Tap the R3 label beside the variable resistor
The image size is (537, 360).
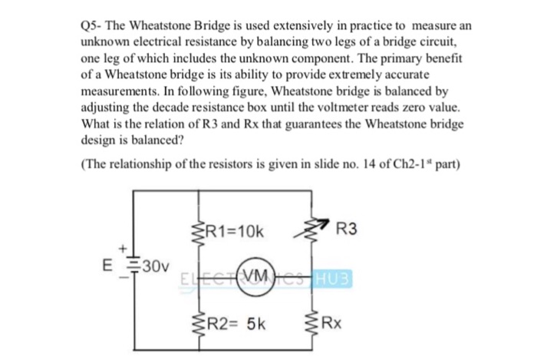(x=347, y=228)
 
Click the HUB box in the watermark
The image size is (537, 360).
(x=331, y=275)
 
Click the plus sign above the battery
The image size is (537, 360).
(x=120, y=249)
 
